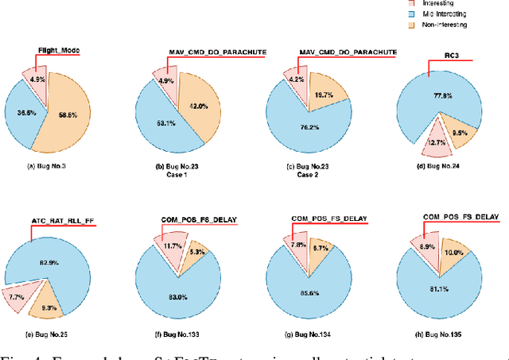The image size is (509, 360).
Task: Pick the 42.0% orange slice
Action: pos(199,103)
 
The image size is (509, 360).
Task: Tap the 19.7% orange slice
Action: pos(324,95)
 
